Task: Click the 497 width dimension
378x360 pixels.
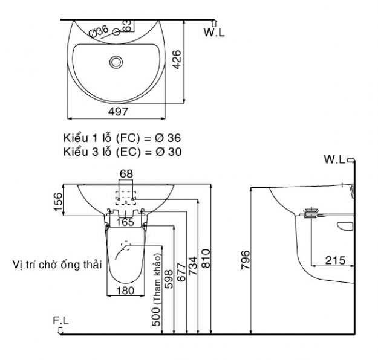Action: [118, 112]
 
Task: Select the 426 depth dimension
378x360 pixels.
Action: [177, 59]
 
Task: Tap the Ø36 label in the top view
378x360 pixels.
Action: [99, 31]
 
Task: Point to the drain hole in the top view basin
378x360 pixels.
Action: [116, 62]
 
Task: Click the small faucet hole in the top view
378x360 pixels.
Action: [117, 32]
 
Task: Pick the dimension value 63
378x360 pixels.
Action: [128, 26]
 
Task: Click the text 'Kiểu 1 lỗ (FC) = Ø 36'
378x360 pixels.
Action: [122, 138]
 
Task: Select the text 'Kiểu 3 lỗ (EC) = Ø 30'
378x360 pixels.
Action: [122, 152]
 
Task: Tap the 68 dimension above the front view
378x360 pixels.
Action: [126, 173]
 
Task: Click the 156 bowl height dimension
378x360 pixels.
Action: [58, 202]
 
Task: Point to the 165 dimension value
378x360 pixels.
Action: [125, 222]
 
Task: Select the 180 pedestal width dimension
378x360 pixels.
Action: [125, 291]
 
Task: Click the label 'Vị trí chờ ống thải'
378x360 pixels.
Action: [57, 265]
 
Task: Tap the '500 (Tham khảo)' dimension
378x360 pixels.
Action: [156, 290]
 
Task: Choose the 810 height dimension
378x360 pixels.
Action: [206, 259]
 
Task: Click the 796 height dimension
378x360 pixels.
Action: [246, 260]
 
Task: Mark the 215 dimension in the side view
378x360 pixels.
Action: [335, 260]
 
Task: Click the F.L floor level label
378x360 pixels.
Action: [60, 321]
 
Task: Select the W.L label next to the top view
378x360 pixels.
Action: [214, 32]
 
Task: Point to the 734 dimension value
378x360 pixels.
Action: [193, 266]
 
